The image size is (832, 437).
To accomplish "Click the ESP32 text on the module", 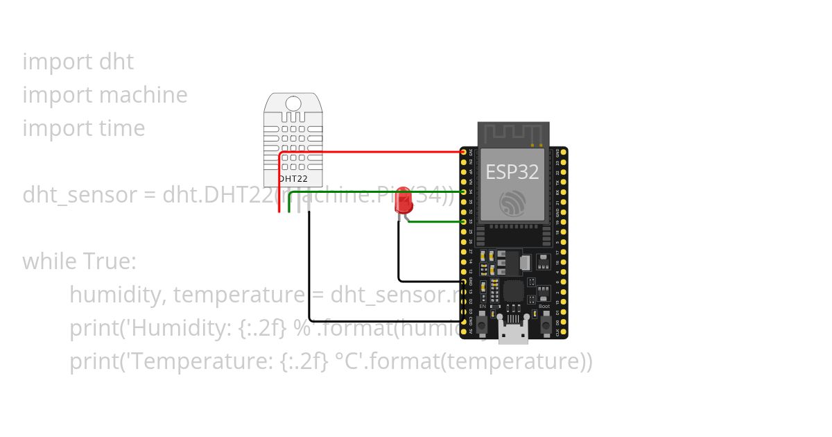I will click(512, 171).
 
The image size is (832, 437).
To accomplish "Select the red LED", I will click(403, 203).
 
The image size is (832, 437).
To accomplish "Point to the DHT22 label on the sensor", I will click(293, 178).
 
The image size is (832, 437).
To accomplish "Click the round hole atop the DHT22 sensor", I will click(293, 104).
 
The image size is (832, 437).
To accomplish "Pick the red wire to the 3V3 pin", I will click(374, 151).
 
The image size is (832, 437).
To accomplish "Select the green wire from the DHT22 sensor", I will click(374, 191).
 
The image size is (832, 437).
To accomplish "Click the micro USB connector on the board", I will click(513, 334).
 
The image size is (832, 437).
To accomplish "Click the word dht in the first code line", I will click(116, 62).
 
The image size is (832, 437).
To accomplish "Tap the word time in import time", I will click(122, 128).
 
